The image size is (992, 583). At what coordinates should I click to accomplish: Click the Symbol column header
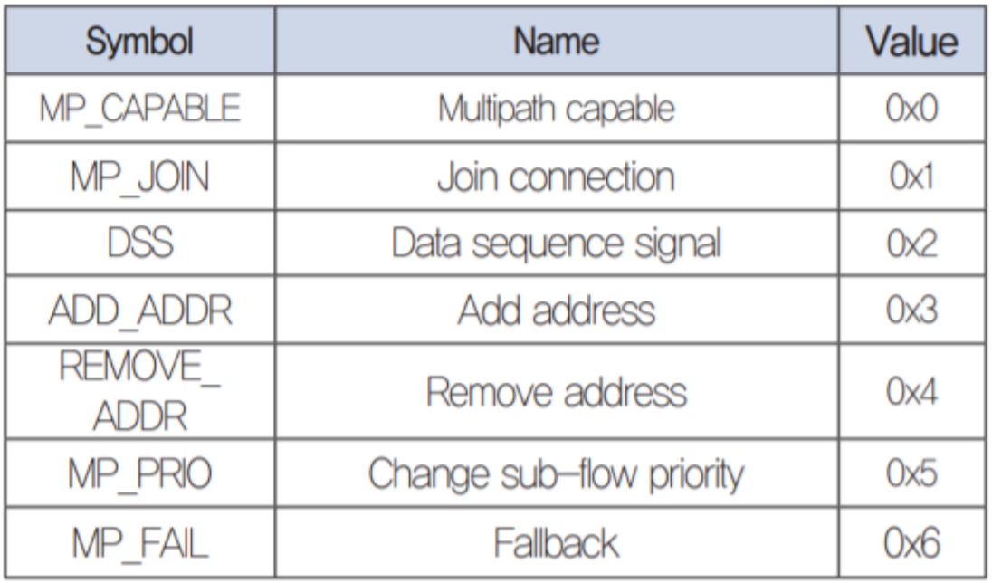click(x=139, y=43)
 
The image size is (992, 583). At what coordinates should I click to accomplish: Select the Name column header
click(x=556, y=43)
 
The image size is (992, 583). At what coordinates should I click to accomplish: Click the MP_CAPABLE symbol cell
click(x=139, y=109)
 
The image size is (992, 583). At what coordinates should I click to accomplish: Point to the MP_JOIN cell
click(x=139, y=177)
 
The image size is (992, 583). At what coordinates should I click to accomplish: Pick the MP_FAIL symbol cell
click(x=139, y=544)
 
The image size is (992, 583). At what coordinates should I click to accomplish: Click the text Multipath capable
click(x=556, y=109)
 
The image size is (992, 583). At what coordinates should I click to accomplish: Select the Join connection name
click(x=556, y=177)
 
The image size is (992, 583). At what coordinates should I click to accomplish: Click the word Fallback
click(x=556, y=544)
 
